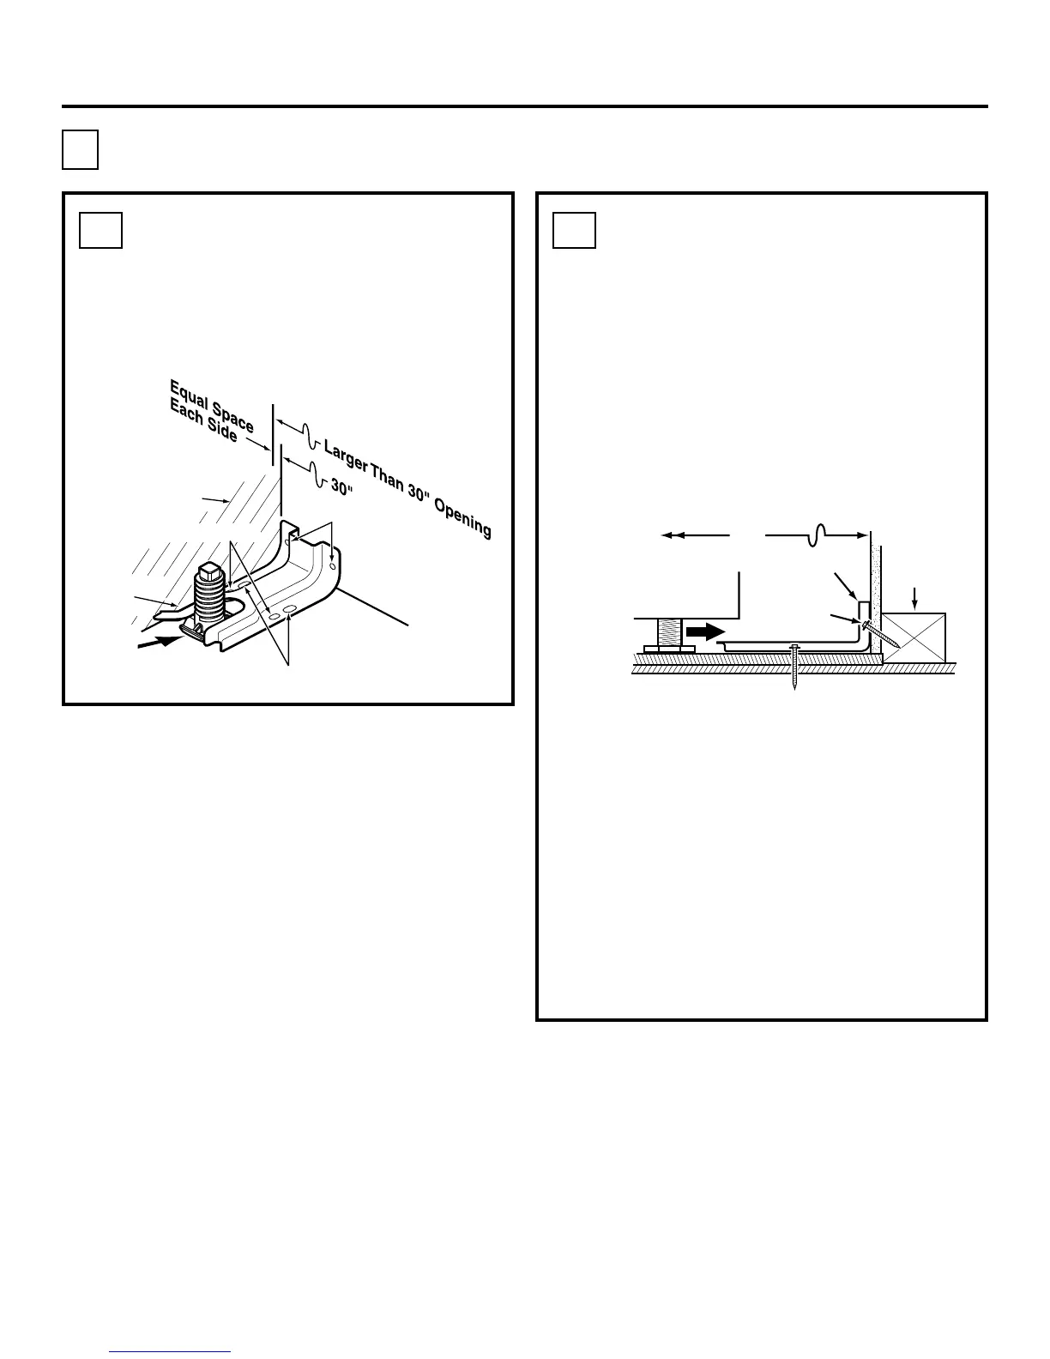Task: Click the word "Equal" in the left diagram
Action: coord(187,392)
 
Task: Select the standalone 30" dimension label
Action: coord(342,486)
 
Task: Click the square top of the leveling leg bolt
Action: coord(211,569)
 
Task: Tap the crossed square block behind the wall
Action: coord(914,636)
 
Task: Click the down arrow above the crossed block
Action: coord(915,597)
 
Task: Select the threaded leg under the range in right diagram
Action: coord(669,634)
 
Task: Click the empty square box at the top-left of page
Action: coord(80,149)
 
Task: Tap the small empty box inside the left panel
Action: coord(100,230)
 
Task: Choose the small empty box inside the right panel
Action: coord(574,230)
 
